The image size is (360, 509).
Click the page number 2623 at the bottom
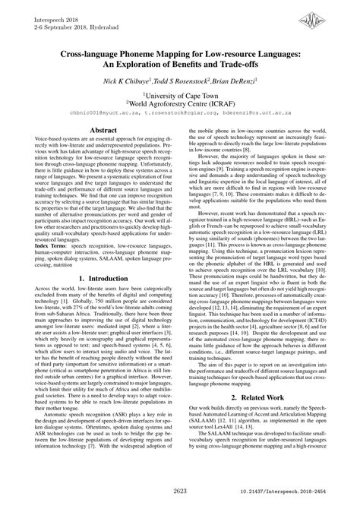(x=180, y=494)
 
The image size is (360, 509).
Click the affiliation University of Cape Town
(x=181, y=92)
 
